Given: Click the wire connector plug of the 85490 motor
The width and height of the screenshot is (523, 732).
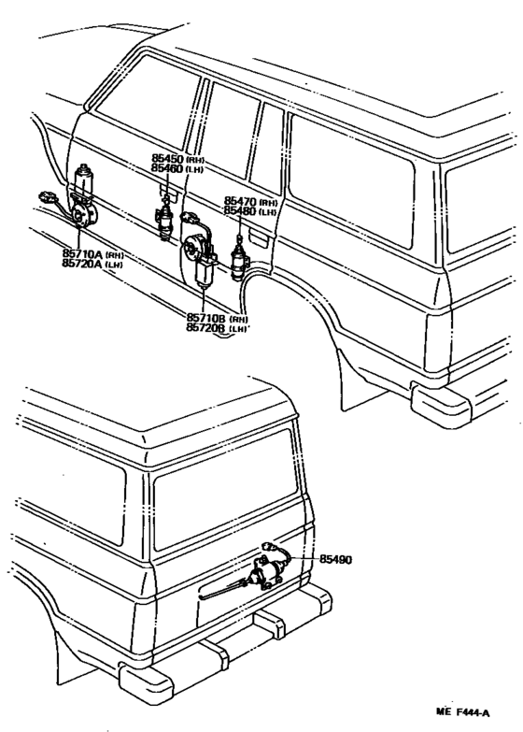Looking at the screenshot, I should tap(270, 548).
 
